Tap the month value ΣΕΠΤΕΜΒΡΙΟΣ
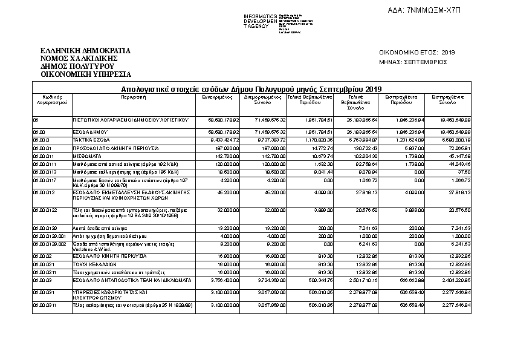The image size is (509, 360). tap(426, 62)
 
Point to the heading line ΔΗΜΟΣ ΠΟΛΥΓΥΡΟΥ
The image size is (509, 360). tap(77, 66)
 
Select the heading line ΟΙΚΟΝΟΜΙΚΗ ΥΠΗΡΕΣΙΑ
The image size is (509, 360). tap(85, 74)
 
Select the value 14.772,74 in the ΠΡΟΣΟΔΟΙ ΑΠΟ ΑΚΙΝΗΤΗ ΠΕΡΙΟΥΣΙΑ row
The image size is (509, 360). tap(321, 148)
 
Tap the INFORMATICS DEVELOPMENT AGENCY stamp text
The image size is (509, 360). tap(260, 21)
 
